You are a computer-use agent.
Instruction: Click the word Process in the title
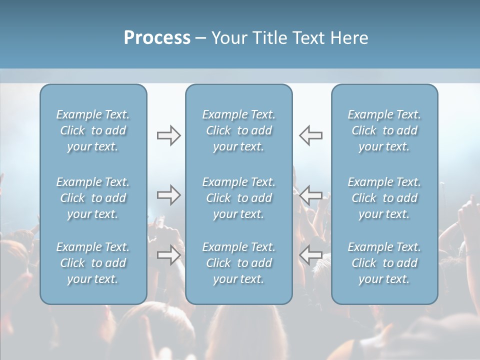[157, 38]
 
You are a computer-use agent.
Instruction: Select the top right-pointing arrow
[168, 135]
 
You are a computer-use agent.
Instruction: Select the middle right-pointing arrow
[168, 195]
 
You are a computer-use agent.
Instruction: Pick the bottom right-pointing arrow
[168, 255]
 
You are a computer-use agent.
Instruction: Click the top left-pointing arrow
[311, 135]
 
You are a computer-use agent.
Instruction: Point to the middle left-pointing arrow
[311, 195]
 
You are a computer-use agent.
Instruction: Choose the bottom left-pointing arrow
[311, 255]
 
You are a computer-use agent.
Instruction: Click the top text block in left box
[93, 130]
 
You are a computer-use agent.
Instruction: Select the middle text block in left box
[93, 198]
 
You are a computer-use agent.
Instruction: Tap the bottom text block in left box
[93, 263]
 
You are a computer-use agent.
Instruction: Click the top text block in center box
[238, 130]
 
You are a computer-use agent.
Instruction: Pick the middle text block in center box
[238, 198]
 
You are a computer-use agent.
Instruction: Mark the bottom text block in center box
[238, 263]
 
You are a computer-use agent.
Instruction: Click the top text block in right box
[384, 130]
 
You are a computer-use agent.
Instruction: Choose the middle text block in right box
[384, 198]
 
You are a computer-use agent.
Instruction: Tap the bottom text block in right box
[384, 263]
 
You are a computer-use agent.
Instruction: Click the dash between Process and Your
[201, 38]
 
